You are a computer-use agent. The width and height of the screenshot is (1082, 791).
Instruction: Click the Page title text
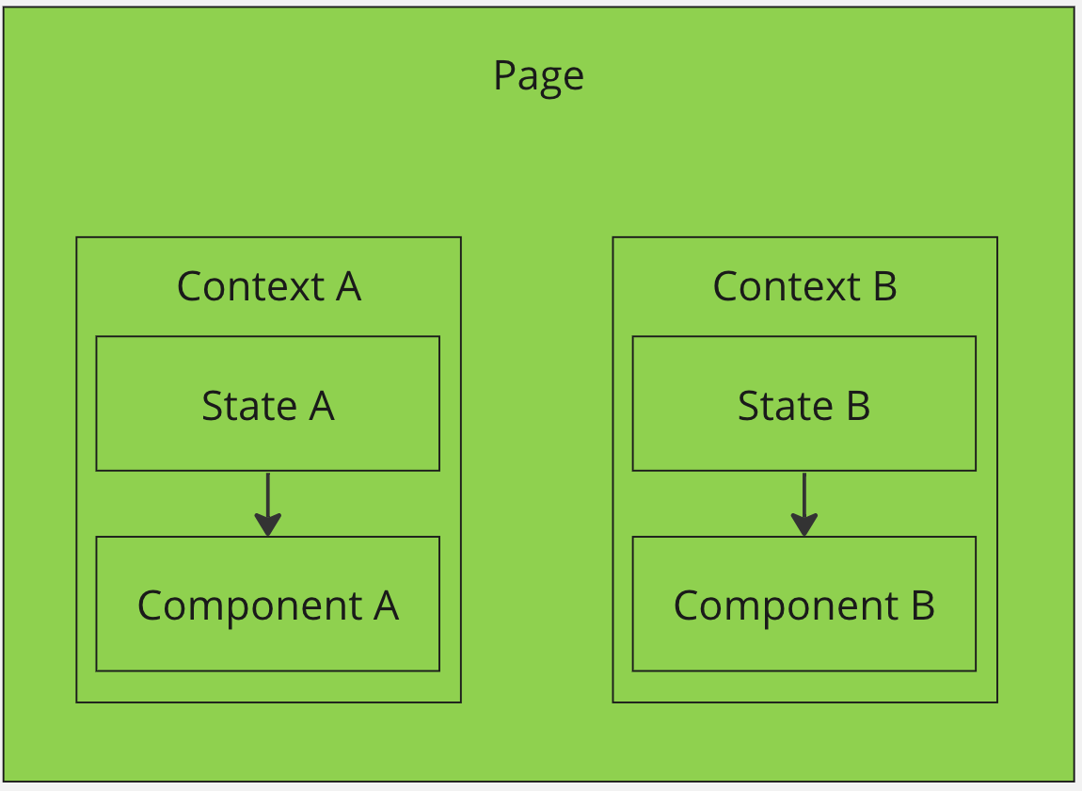tap(538, 75)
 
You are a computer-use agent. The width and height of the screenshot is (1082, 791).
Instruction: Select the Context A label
tap(268, 286)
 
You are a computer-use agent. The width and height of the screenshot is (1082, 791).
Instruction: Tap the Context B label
tap(804, 286)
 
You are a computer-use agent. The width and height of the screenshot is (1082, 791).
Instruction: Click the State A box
tap(268, 404)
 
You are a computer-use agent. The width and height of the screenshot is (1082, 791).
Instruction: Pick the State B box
tap(804, 404)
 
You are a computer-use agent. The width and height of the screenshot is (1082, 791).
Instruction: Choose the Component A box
tap(268, 605)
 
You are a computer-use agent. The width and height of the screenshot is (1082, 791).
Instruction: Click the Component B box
tap(804, 605)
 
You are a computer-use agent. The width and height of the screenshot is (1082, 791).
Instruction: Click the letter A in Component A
tap(387, 605)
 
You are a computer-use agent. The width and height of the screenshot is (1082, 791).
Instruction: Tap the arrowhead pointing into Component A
tap(268, 525)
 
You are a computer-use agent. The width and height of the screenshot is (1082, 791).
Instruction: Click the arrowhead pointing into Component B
tap(804, 525)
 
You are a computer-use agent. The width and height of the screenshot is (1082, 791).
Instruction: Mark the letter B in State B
tap(858, 406)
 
